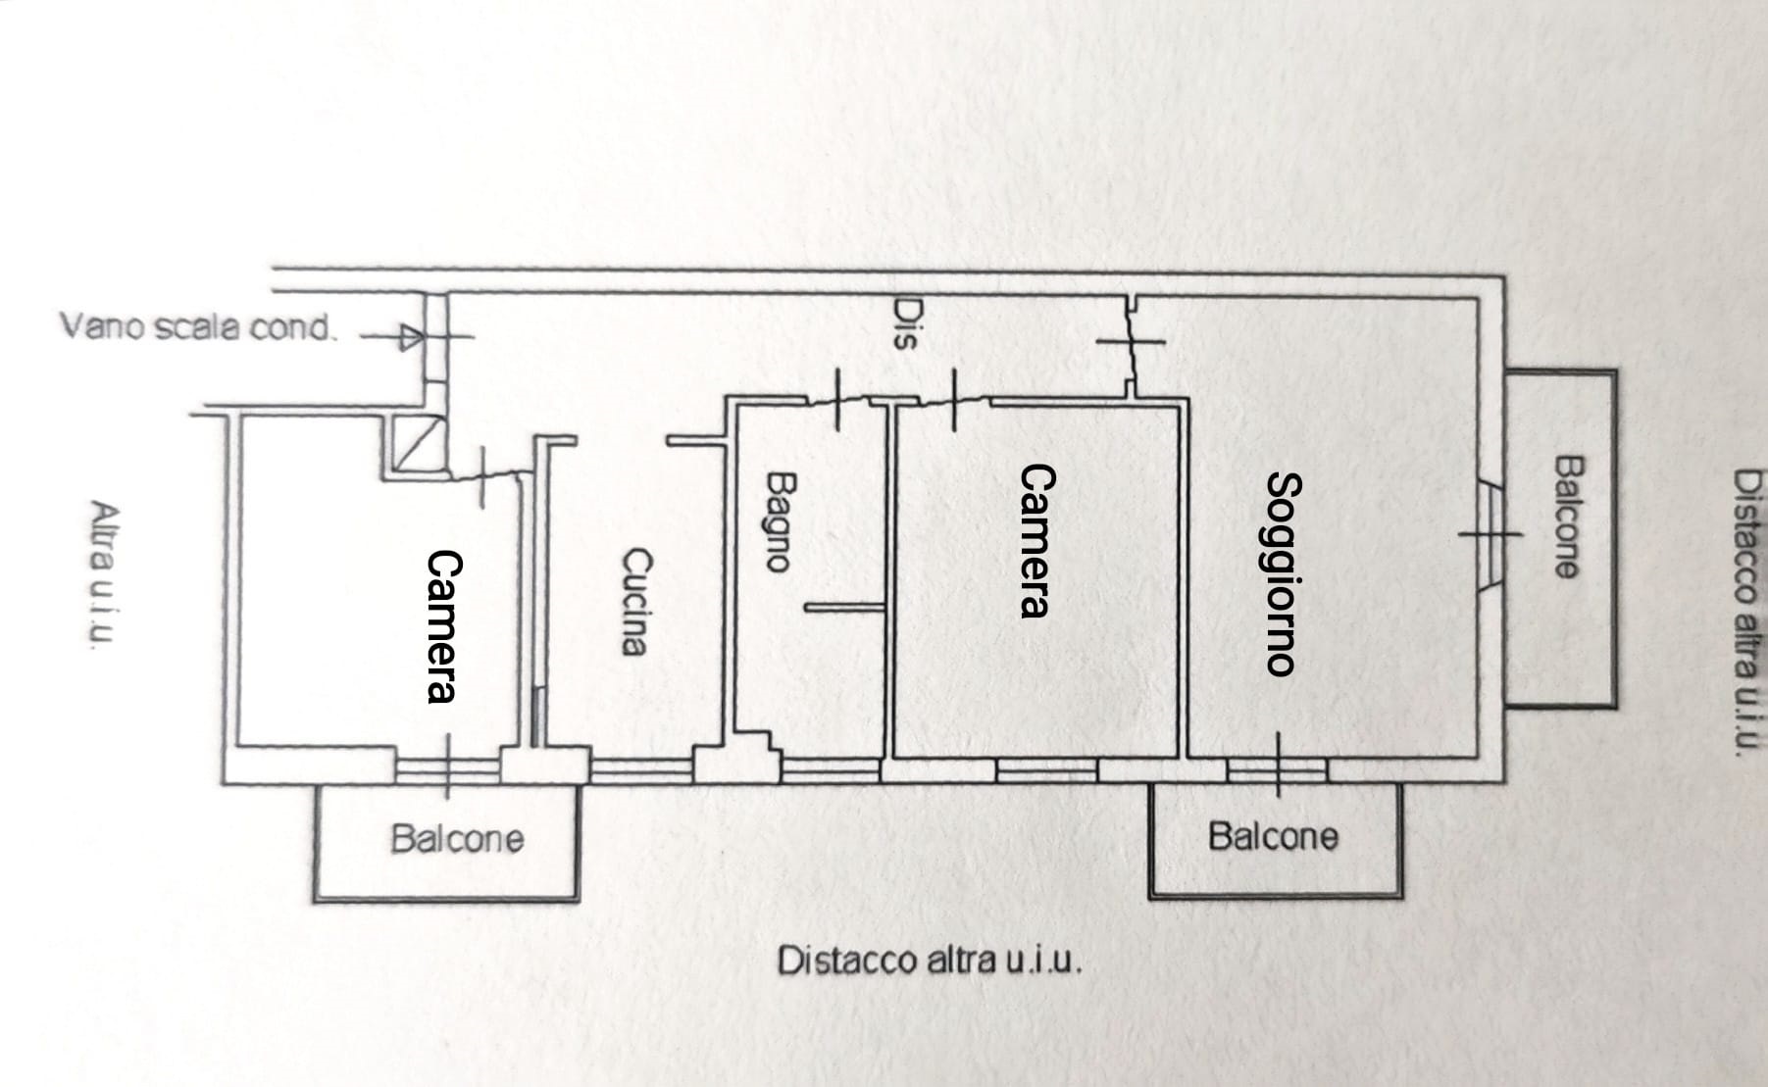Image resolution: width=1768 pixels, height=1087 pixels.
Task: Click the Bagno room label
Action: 778,521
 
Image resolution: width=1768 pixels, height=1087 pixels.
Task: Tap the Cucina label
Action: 635,601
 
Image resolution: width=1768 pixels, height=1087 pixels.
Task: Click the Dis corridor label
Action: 903,324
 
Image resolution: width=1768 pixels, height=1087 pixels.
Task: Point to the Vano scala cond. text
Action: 198,326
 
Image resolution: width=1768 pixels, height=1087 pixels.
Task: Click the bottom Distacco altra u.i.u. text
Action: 930,961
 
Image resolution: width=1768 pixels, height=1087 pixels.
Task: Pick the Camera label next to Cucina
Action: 443,626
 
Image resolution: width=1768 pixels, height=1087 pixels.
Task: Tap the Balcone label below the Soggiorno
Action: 1273,837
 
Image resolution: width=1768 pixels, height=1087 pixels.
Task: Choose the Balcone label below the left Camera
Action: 457,839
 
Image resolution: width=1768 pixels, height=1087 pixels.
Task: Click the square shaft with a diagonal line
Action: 414,443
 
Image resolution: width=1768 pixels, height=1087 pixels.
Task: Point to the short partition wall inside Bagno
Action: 845,609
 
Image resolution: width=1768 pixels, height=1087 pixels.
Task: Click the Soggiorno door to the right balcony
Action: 1490,533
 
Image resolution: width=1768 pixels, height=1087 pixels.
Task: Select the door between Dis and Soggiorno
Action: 1131,342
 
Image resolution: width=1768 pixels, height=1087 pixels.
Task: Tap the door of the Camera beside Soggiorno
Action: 954,400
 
